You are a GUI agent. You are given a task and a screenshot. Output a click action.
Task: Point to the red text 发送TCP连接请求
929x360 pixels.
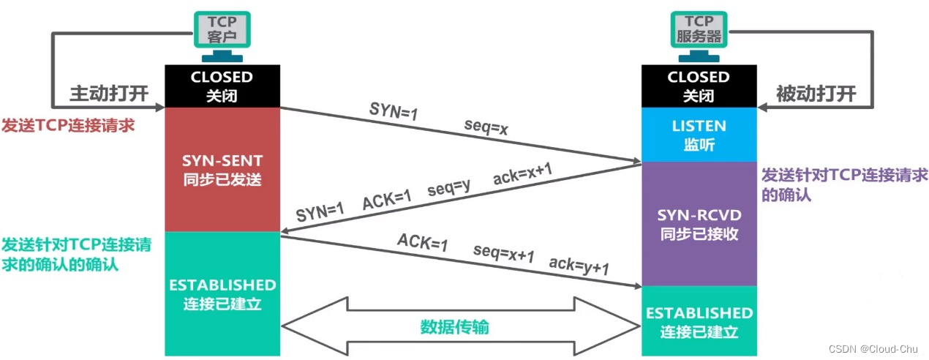[x=69, y=124]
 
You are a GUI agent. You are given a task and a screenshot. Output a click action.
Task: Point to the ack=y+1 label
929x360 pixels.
[x=579, y=264]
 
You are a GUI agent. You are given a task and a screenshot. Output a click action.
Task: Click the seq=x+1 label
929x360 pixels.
[x=503, y=252]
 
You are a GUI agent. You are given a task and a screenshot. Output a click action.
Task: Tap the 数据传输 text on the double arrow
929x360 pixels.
[x=454, y=326]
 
